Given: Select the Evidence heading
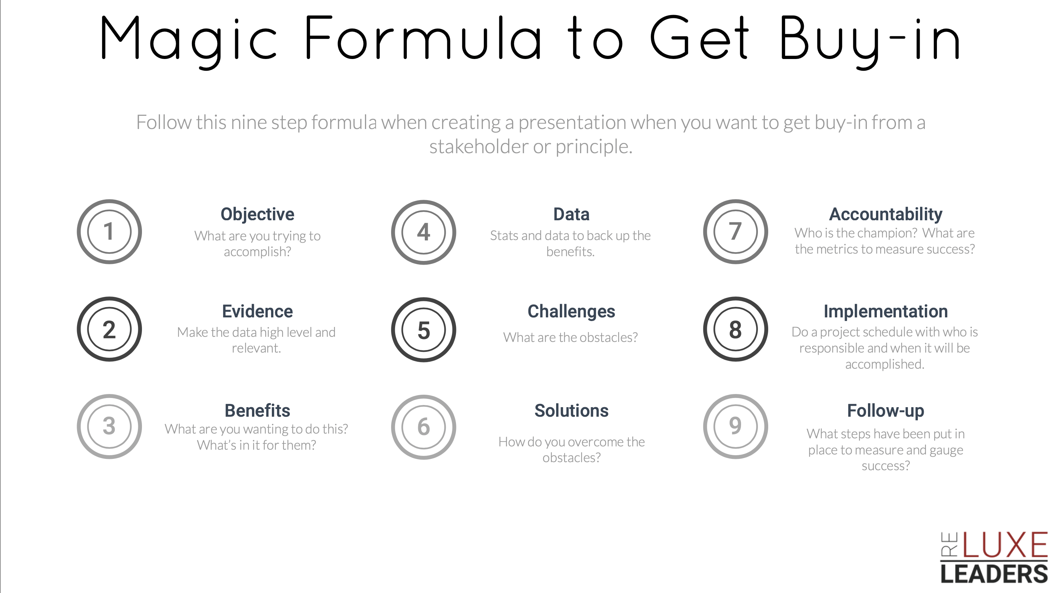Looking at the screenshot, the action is point(258,312).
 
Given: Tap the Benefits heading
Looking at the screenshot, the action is point(258,410).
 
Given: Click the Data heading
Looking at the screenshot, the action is point(571,214).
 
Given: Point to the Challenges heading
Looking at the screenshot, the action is point(571,312).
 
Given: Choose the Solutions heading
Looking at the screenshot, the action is point(571,410).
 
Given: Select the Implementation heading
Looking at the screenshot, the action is point(886,312).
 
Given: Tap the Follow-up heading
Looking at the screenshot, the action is point(886,411).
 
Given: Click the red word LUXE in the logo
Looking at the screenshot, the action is point(1005,545).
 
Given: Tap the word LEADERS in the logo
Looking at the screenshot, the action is point(994,574).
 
